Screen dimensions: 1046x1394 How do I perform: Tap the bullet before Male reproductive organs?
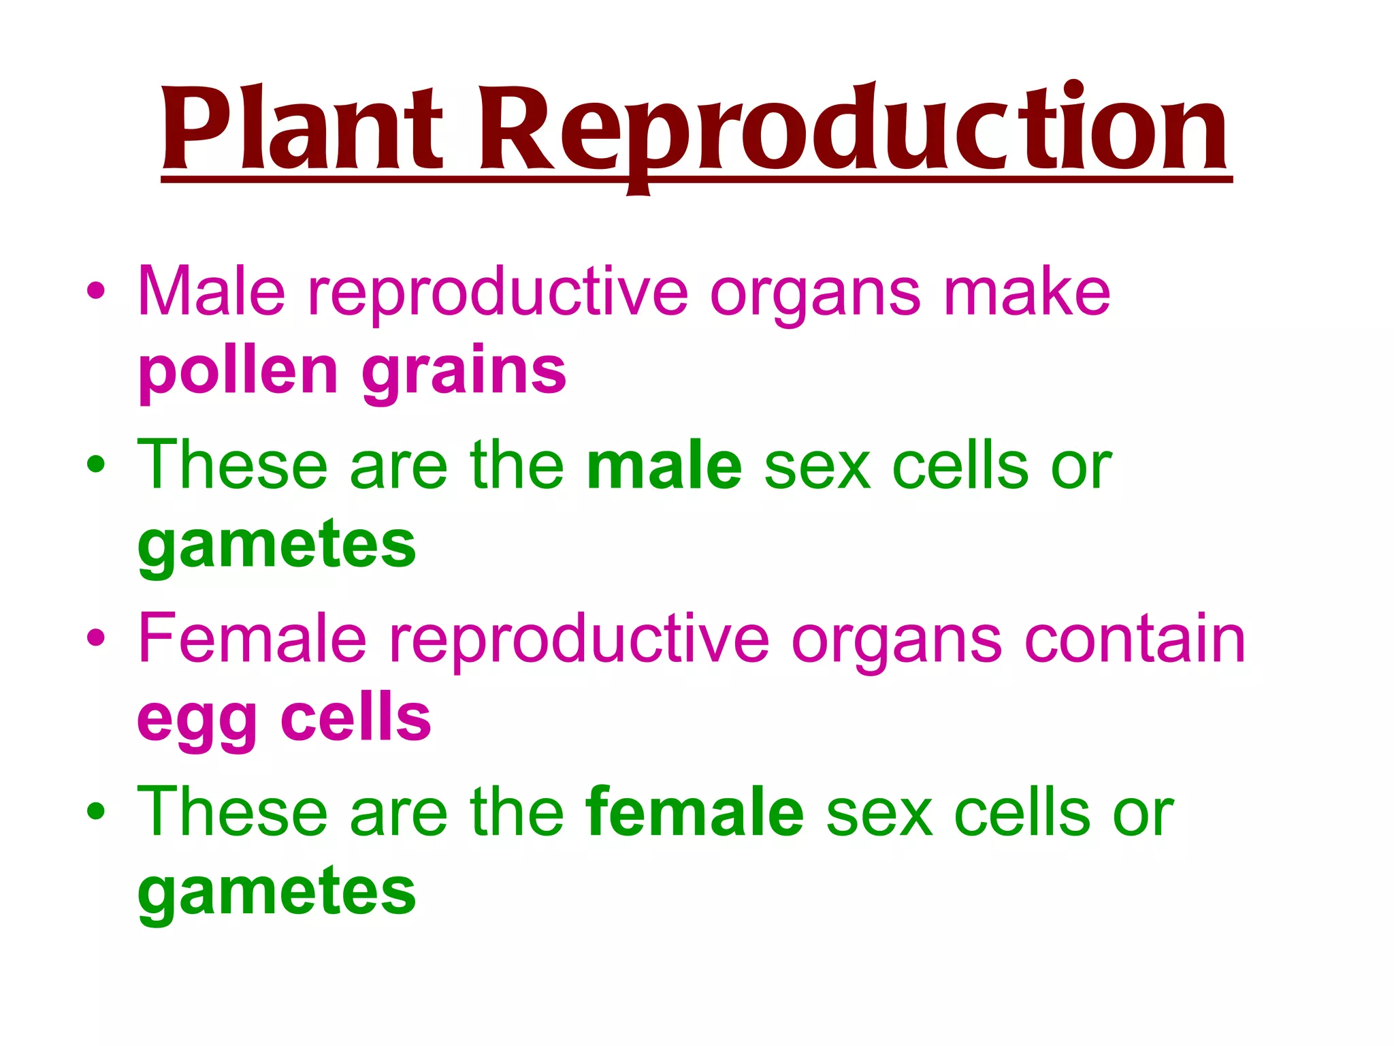[96, 291]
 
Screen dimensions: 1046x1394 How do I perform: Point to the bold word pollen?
[238, 373]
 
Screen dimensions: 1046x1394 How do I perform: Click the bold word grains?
[464, 373]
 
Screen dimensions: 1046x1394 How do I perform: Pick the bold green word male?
[664, 466]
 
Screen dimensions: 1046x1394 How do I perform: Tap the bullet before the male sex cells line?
[96, 464]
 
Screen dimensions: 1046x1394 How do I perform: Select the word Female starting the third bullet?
[252, 638]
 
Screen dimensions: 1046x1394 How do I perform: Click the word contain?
[1134, 639]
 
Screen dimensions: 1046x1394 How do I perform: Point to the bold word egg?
[197, 720]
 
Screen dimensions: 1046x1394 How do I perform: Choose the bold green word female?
[694, 812]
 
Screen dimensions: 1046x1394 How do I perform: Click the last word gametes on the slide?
[276, 893]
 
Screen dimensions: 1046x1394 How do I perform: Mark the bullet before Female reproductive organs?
[96, 638]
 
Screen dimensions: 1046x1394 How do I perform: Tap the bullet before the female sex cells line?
[96, 811]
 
